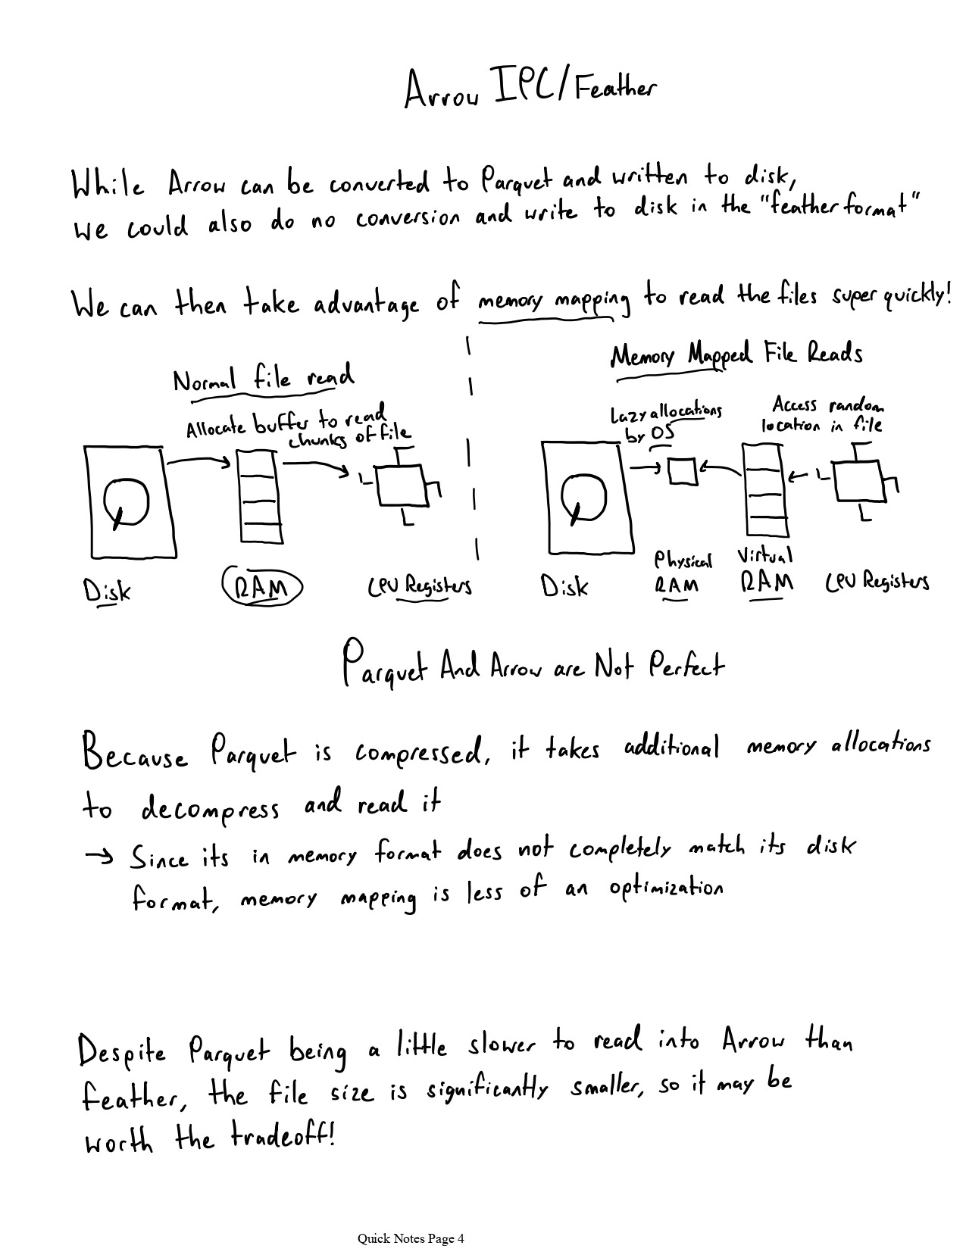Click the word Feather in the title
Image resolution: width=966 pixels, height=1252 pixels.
point(614,90)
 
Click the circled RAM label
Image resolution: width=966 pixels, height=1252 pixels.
point(262,586)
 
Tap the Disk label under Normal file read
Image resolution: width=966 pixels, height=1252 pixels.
point(107,590)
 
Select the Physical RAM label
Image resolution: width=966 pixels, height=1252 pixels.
point(682,573)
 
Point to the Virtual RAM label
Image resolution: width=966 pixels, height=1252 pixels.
point(765,570)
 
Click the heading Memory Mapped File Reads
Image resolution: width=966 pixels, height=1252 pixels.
point(736,354)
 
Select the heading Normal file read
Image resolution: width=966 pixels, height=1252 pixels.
point(263,378)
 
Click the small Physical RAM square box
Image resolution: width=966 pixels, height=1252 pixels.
point(682,470)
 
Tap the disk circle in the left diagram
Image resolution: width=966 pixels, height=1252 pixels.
point(126,501)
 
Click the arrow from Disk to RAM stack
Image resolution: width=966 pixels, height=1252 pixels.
point(198,460)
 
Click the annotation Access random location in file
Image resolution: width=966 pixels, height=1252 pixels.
point(822,415)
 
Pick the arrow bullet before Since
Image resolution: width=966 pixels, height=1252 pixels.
point(98,857)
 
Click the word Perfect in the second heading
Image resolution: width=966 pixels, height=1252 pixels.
point(686,667)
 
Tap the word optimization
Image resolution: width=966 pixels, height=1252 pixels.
point(665,888)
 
